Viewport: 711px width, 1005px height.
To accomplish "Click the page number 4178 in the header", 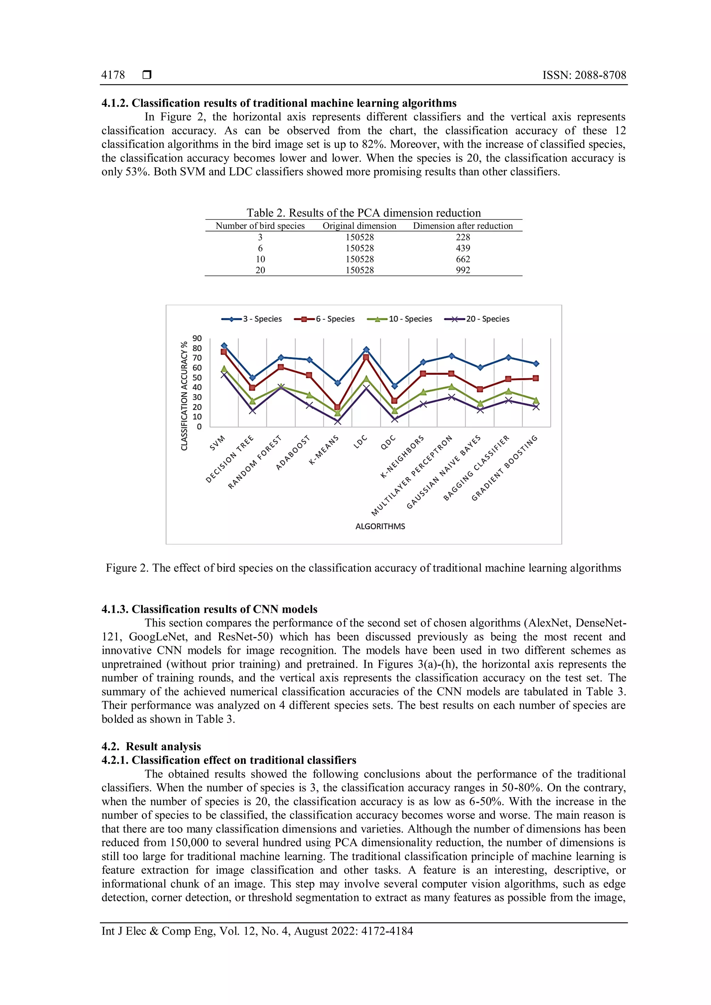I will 113,75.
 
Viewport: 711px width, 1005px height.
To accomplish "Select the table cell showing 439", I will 463,248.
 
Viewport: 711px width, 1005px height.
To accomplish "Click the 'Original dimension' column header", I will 359,226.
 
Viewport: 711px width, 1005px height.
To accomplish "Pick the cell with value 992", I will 463,270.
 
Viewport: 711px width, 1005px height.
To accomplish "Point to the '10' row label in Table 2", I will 260,259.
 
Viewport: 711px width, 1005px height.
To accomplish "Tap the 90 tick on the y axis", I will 197,338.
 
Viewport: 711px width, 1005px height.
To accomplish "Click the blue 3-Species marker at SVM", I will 224,345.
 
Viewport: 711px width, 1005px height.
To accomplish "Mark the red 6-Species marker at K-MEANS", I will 337,407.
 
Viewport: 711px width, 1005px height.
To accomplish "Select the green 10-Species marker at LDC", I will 366,378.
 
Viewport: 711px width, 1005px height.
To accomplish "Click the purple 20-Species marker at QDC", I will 394,419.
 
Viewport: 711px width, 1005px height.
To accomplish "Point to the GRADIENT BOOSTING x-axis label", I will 504,468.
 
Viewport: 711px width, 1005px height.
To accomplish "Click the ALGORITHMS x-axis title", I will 380,526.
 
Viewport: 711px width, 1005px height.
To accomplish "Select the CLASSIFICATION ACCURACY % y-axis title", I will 184,396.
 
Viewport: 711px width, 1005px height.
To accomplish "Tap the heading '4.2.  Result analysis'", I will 151,746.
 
